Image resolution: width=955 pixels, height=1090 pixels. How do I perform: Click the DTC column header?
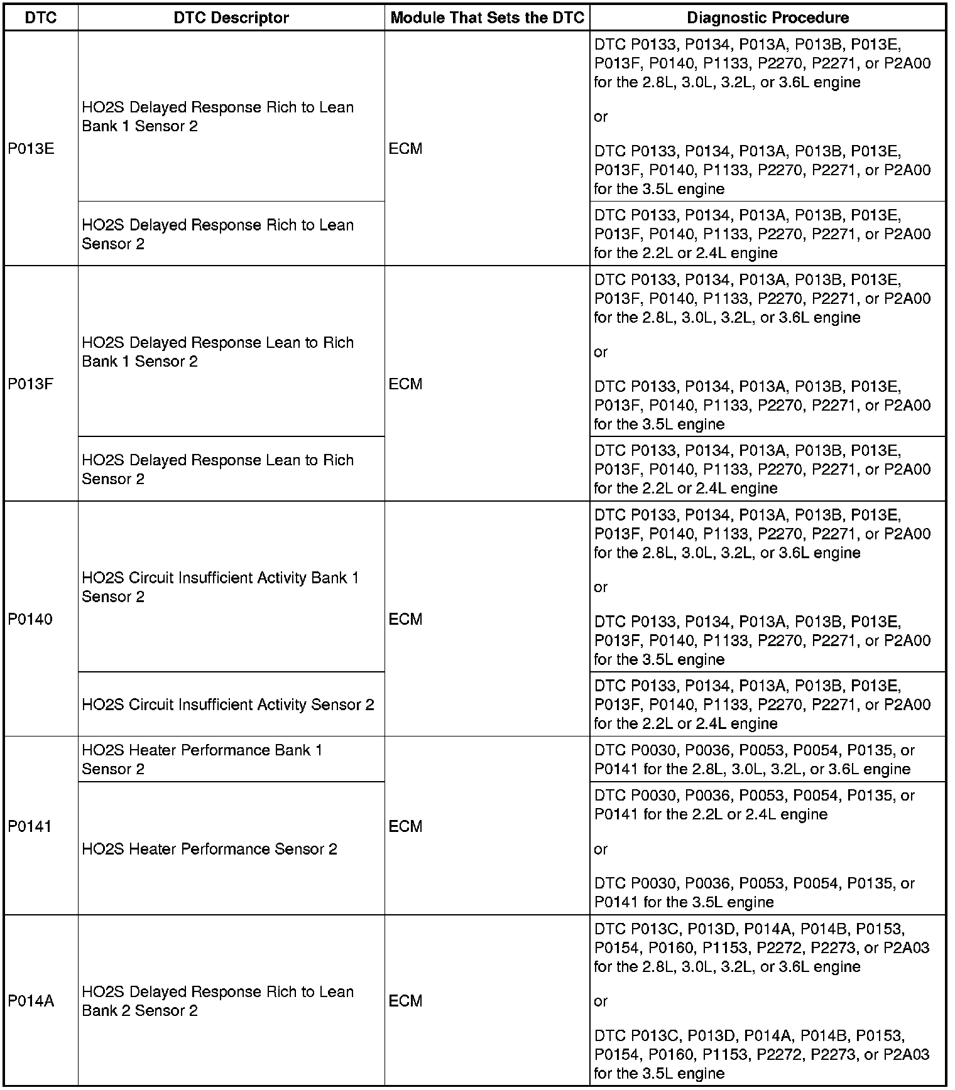[x=41, y=18]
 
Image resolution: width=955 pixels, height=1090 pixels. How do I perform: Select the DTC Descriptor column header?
[x=231, y=18]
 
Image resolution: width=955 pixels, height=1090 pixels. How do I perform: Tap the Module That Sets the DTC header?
[x=487, y=18]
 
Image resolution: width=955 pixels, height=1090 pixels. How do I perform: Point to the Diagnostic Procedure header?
[x=768, y=18]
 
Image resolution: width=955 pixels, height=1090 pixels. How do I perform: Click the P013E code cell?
[x=31, y=149]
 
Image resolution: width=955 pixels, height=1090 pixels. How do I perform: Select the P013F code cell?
[x=31, y=384]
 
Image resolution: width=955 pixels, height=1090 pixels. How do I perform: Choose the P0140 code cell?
[x=30, y=619]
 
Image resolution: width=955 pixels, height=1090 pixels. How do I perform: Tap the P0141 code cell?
[x=30, y=826]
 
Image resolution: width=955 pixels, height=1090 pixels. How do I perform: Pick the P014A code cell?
[x=31, y=1001]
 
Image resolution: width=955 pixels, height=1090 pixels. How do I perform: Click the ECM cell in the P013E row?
[x=405, y=149]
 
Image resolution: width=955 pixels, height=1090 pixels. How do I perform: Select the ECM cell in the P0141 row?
[x=405, y=826]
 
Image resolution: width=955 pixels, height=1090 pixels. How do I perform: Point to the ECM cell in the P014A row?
[x=405, y=1001]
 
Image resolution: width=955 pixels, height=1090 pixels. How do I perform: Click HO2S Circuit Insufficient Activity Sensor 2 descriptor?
[x=228, y=704]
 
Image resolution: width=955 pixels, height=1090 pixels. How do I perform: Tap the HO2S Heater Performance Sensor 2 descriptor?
[x=209, y=849]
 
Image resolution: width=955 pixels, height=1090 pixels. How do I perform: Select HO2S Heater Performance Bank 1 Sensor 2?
[x=202, y=759]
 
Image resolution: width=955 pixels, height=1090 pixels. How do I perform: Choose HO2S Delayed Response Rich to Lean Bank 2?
[x=217, y=1001]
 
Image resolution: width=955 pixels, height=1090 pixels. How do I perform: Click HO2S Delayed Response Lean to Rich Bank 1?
[x=217, y=352]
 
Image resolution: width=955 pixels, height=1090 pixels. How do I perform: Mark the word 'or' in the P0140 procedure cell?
[x=601, y=587]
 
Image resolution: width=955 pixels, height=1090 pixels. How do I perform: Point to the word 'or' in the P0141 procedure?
[x=601, y=849]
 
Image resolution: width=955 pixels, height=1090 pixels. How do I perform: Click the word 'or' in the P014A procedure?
[x=601, y=1001]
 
